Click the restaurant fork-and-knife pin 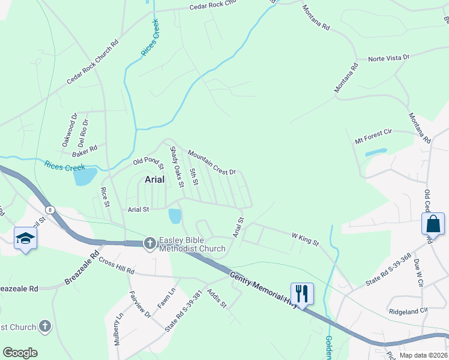[x=302, y=293]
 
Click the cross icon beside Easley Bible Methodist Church [x=150, y=243]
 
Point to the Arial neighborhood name [x=155, y=179]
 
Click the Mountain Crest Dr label [x=212, y=163]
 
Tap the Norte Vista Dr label [x=388, y=58]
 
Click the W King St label [x=304, y=239]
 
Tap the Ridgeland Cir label [x=408, y=311]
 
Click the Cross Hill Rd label [x=116, y=266]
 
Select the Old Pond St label [x=148, y=160]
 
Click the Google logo [x=20, y=353]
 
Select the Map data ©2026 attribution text [x=423, y=355]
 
